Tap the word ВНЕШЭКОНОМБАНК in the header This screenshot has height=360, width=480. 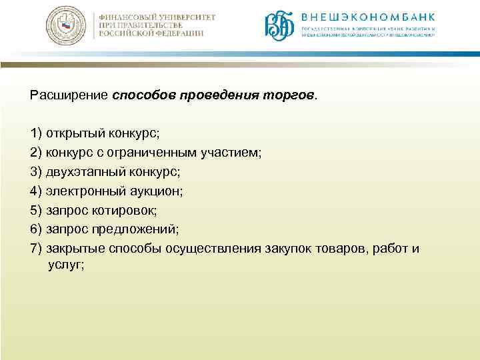[367, 17]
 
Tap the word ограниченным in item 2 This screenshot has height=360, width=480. [159, 152]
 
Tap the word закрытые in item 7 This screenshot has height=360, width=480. [75, 249]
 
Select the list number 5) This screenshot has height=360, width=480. [36, 210]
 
